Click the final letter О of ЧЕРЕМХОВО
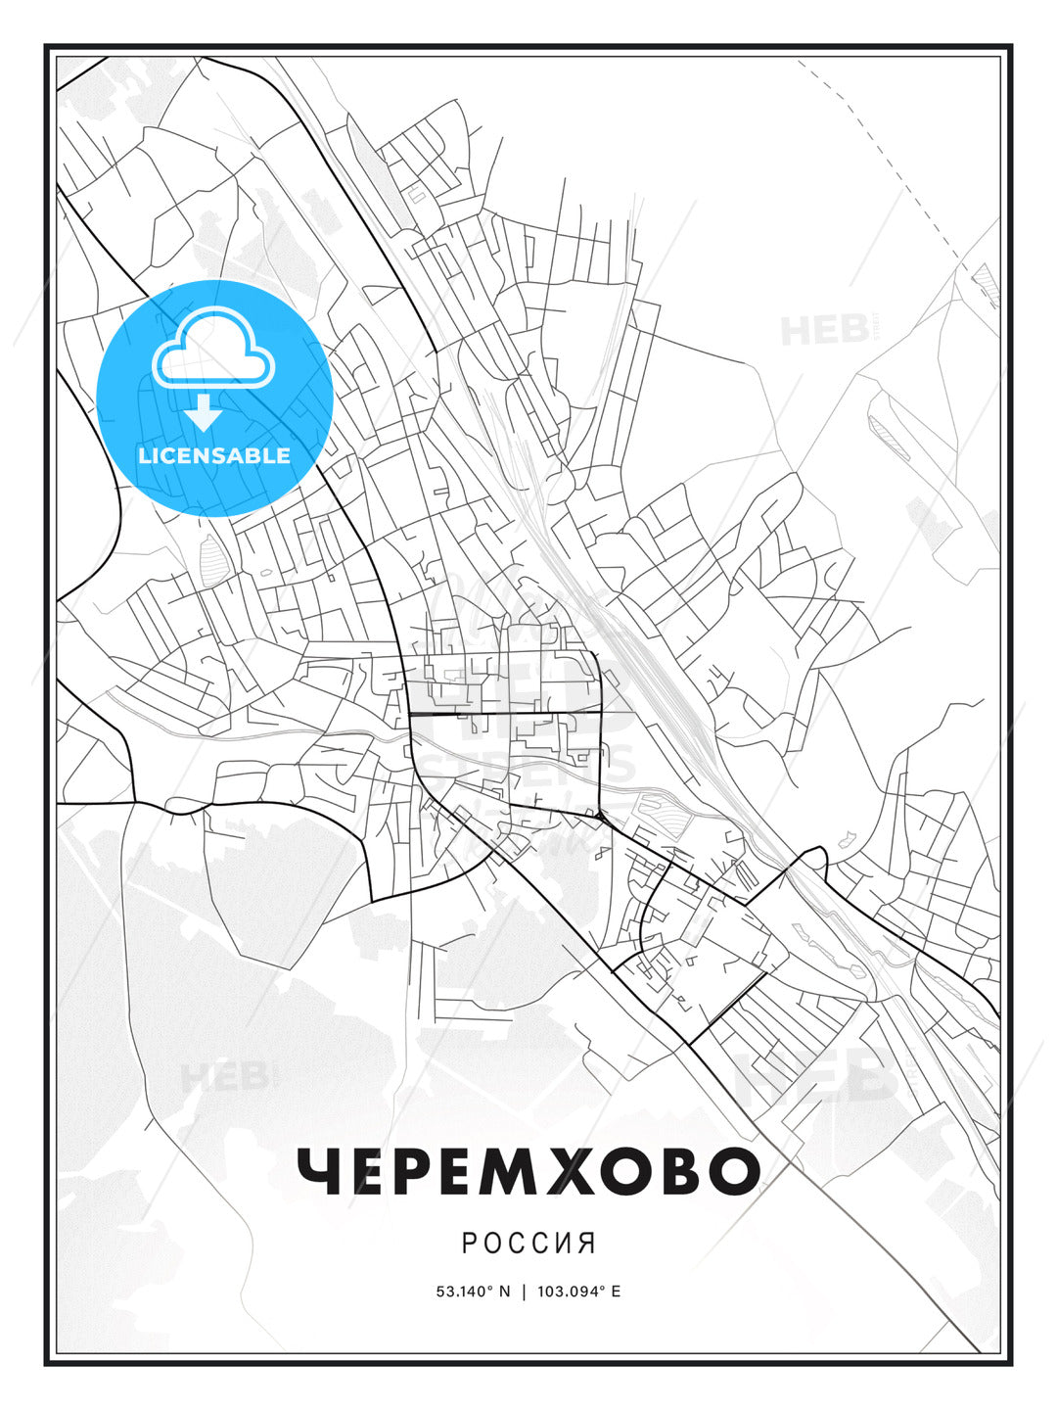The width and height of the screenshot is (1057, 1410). pyautogui.click(x=736, y=1171)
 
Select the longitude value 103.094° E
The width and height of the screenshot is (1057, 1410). pyautogui.click(x=577, y=1292)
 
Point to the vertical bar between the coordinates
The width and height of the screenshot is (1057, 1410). pyautogui.click(x=524, y=1292)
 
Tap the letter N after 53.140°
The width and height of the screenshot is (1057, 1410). pyautogui.click(x=505, y=1292)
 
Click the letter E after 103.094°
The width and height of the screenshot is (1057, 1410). pyautogui.click(x=616, y=1292)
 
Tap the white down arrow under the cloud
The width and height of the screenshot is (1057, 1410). pyautogui.click(x=204, y=412)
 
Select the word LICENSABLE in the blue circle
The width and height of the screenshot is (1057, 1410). pyautogui.click(x=214, y=455)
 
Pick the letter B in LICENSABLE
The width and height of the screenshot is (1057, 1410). pyautogui.click(x=254, y=455)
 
